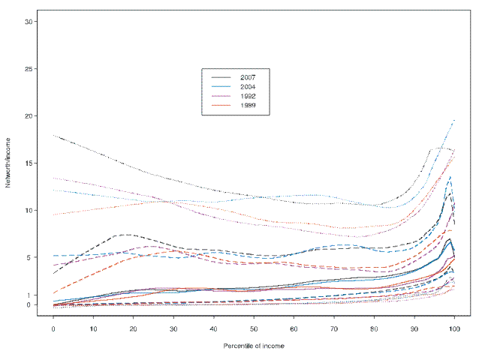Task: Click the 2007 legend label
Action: point(248,77)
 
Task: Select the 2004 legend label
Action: point(248,87)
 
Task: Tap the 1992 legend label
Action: point(248,97)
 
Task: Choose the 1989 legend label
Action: point(248,106)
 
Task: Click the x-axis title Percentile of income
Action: point(254,346)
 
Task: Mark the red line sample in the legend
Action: point(221,106)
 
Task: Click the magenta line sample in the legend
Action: point(221,97)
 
